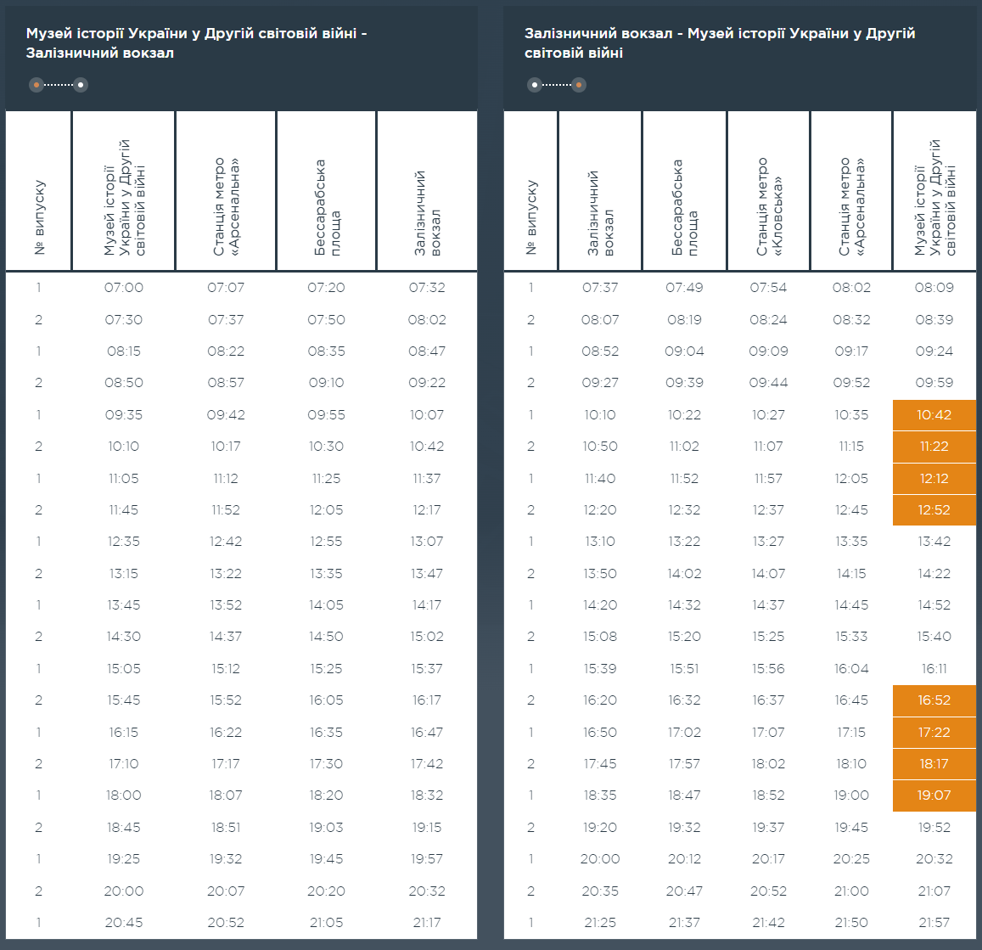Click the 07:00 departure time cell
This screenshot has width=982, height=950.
pos(124,288)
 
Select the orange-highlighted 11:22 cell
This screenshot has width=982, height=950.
pos(934,447)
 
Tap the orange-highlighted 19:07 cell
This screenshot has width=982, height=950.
pos(934,795)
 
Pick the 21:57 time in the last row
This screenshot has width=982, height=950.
pos(934,923)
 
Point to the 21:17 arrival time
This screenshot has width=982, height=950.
pos(427,923)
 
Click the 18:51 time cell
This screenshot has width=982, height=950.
pos(226,828)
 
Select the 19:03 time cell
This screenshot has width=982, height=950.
pos(326,828)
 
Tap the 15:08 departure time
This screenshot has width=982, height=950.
pos(600,637)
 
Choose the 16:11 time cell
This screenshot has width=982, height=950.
pos(934,669)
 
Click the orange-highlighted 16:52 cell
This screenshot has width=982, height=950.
pos(934,700)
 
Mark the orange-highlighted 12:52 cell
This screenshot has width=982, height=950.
pos(934,510)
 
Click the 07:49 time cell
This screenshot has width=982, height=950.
pos(684,288)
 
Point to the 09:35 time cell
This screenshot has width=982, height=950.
pos(124,415)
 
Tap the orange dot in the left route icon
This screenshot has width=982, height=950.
pos(36,85)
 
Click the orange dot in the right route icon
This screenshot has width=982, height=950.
pos(579,85)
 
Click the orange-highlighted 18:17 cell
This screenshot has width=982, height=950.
pos(934,764)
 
